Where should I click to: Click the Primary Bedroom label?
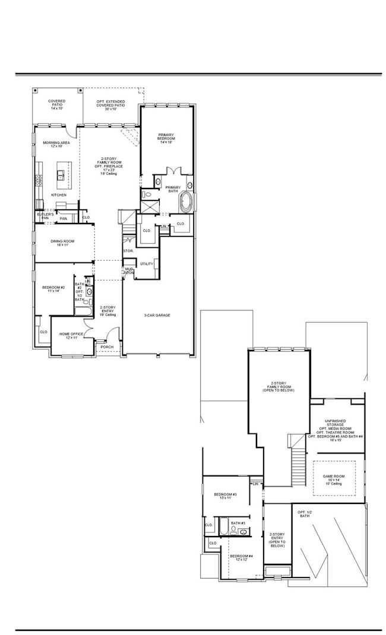(167, 138)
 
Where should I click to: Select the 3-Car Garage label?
(157, 315)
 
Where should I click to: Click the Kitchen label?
(58, 194)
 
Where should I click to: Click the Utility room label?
(147, 263)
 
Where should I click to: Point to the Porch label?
(107, 347)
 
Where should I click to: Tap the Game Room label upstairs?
(335, 478)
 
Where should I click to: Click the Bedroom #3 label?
(226, 496)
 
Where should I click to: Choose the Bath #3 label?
(238, 524)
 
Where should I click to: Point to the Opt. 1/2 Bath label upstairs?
(304, 513)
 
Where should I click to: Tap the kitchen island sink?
(61, 175)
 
